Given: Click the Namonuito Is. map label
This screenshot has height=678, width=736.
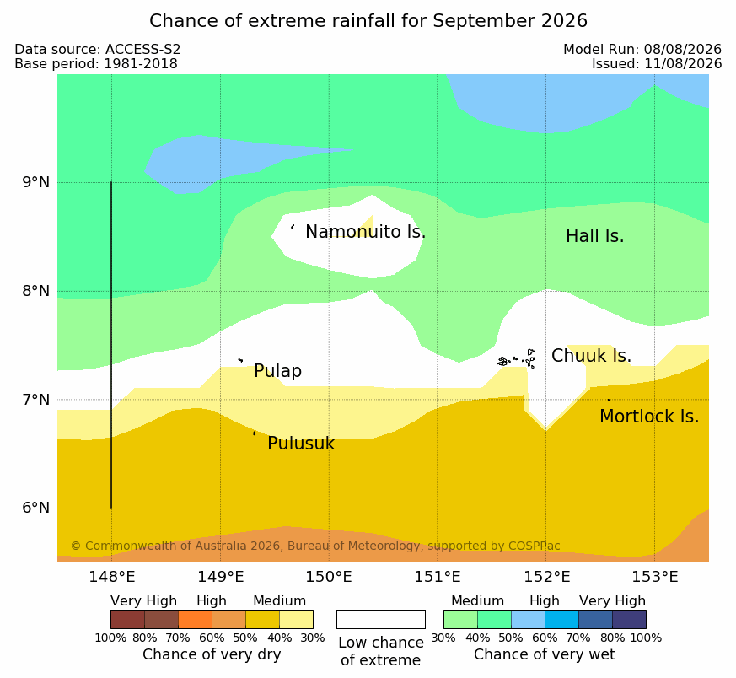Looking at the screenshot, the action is coord(365,231).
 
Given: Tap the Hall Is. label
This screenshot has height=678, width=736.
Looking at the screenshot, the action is coord(594,236).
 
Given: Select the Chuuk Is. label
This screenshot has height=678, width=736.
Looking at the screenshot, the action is coord(591,355).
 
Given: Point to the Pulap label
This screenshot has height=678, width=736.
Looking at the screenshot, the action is coord(278,371).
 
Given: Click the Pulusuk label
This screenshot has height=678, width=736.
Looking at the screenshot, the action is coord(301,444).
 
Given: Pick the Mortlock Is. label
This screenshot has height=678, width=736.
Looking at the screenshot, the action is coord(649,416).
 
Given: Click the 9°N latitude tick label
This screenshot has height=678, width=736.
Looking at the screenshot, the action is coord(35,182).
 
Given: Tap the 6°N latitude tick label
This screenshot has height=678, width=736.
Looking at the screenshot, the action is coord(35,508).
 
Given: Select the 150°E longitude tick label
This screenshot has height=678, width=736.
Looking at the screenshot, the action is coord(329,576).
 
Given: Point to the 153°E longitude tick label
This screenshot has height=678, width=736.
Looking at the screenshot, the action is coord(655,576).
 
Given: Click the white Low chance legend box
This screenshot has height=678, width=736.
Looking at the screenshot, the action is coord(381,619).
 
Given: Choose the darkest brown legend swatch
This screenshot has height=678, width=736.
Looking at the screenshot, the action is coord(127,619).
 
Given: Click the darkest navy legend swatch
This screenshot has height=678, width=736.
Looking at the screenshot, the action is coord(629,619).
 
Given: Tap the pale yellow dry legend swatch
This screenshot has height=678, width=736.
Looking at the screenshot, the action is coord(296,619).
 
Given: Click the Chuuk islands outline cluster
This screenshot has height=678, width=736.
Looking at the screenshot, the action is coord(517,359).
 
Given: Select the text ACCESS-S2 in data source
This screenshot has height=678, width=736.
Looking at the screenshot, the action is coord(142,49).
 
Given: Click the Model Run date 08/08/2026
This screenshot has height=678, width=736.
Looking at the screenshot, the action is coord(683,49).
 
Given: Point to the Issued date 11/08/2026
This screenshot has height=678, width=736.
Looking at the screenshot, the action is coord(683,63).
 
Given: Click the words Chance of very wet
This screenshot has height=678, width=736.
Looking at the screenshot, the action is coord(544,654).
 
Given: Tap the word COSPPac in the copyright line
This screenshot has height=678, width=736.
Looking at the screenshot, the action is coord(535,546).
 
